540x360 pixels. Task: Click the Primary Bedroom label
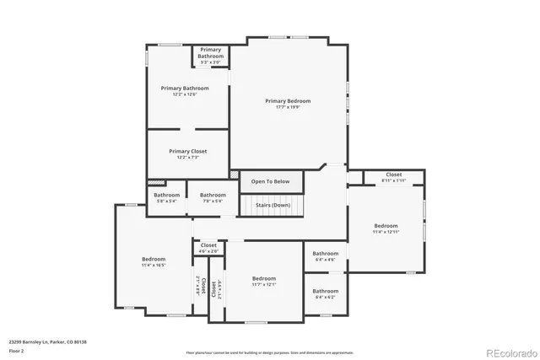pyautogui.click(x=288, y=101)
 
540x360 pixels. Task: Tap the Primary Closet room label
pyautogui.click(x=187, y=151)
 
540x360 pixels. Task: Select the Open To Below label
pyautogui.click(x=271, y=181)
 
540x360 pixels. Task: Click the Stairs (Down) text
pyautogui.click(x=273, y=205)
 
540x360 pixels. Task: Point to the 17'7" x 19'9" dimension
pyautogui.click(x=288, y=107)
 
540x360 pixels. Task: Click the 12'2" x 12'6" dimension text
pyautogui.click(x=184, y=94)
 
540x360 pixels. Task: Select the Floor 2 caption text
pyautogui.click(x=17, y=349)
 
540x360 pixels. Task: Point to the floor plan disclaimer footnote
pyautogui.click(x=269, y=352)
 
